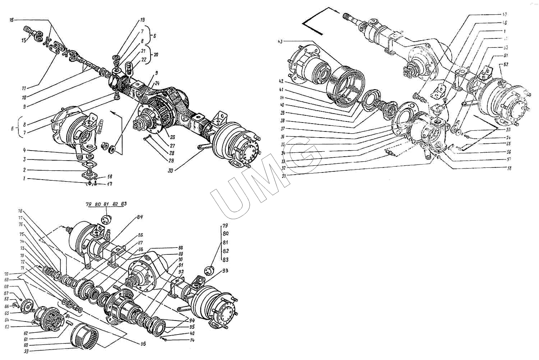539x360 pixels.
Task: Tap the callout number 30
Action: (x=170, y=171)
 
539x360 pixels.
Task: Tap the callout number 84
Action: (x=140, y=217)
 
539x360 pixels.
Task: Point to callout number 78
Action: (x=20, y=211)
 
